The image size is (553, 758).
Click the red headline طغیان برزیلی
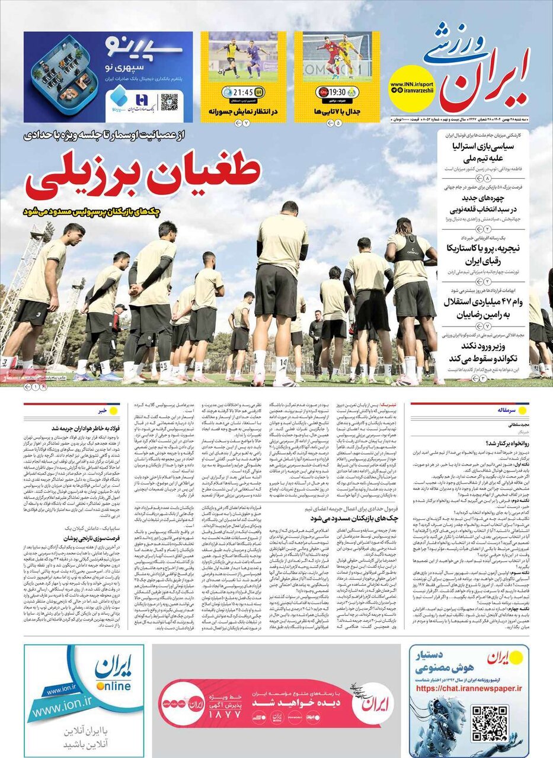[143, 176]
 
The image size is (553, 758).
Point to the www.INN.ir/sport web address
[412, 85]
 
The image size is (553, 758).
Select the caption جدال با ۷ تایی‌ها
[337, 111]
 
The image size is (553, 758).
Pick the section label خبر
[103, 409]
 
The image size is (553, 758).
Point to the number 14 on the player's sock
[283, 361]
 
